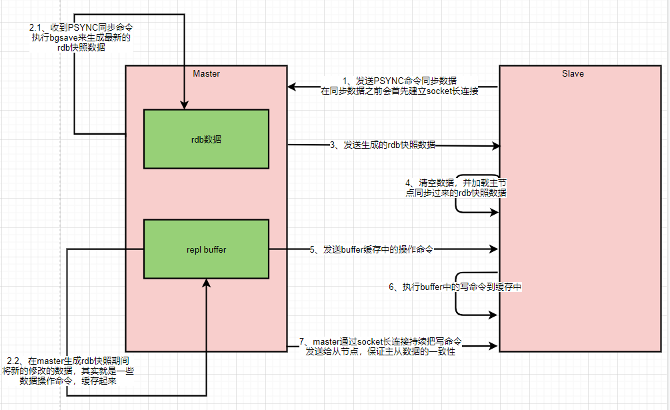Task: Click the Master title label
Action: (206, 73)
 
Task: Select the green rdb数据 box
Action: (206, 139)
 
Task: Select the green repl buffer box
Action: (206, 249)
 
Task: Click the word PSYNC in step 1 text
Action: (389, 81)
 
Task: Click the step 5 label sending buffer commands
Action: (371, 249)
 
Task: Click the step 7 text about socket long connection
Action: (380, 347)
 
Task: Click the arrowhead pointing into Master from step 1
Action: (293, 87)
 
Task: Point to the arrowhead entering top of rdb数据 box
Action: (185, 105)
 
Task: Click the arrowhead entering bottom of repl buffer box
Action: (206, 283)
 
